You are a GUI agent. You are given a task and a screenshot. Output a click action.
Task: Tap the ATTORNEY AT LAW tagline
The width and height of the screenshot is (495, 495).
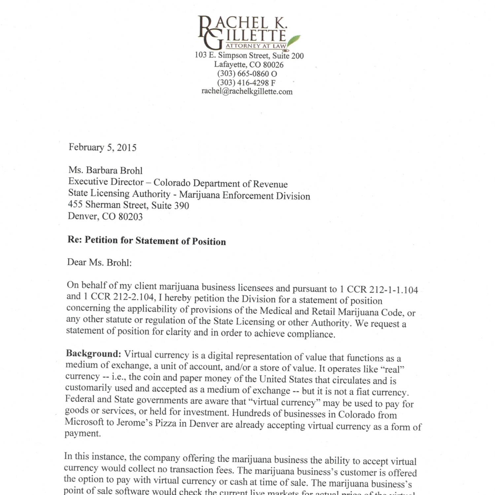point(256,46)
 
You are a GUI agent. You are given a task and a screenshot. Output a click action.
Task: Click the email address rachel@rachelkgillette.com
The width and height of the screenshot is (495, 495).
point(247,91)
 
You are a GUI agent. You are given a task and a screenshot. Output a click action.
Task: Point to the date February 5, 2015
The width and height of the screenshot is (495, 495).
point(102,147)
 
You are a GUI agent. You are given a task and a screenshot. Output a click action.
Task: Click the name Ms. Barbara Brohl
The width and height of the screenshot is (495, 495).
point(105,170)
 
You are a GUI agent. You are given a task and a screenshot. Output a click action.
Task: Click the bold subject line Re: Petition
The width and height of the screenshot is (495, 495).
point(147,241)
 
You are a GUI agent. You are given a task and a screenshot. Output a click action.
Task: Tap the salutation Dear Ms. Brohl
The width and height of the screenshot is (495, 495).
point(99,262)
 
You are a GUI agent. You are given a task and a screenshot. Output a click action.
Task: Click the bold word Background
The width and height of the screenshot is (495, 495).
point(93,354)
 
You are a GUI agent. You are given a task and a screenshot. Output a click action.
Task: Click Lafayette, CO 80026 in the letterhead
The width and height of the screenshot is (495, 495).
point(248,65)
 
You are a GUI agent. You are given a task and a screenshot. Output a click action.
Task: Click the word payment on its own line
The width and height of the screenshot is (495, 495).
point(82,433)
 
